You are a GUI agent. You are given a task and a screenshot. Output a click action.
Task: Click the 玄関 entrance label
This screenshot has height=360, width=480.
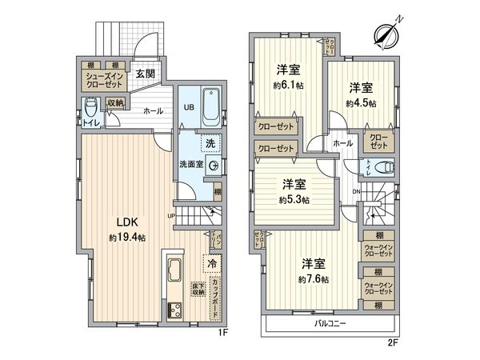pyautogui.click(x=145, y=75)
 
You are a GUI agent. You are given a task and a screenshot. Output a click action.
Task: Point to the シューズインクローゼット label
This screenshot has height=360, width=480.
pyautogui.click(x=104, y=79)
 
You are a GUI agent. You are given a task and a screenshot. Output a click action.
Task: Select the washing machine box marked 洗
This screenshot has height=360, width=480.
pyautogui.click(x=210, y=144)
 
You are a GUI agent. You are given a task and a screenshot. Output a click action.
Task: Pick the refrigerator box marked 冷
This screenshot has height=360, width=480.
pyautogui.click(x=212, y=263)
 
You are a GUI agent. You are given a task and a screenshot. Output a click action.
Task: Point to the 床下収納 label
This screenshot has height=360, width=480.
pyautogui.click(x=197, y=289)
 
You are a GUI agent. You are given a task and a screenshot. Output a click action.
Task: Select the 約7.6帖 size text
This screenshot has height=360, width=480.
pyautogui.click(x=313, y=278)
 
